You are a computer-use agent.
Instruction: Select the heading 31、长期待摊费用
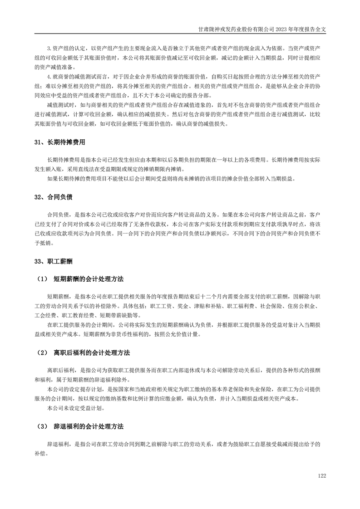[59, 142]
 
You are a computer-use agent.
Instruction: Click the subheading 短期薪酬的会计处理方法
[89, 278]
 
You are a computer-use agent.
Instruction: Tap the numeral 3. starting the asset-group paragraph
[49, 48]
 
